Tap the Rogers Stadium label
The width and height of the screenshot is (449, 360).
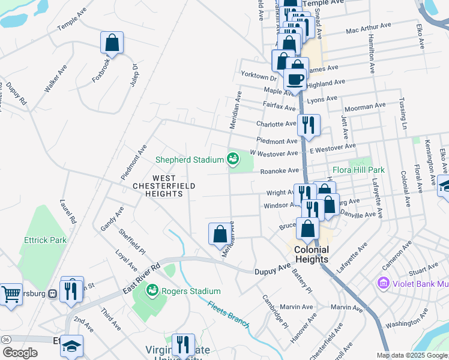coord(188,292)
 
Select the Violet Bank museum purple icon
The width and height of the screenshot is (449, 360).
coord(382,282)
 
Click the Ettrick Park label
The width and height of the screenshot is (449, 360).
coord(45,240)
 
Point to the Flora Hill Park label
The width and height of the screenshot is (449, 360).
coord(359,170)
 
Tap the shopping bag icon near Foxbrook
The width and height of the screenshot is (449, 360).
coord(112,43)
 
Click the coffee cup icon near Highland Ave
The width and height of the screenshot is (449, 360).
coord(295,79)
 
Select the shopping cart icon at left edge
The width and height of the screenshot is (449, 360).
coord(11,295)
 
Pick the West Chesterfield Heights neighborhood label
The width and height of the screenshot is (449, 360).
coord(164,186)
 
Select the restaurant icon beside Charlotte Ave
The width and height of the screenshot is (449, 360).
coord(309,125)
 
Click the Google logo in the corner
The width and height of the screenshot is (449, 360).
coord(19,353)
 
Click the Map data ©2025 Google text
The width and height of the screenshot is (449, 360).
coord(412,355)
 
